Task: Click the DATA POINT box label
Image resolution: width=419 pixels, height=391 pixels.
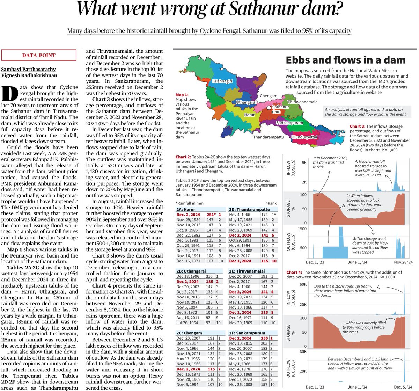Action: (39, 55)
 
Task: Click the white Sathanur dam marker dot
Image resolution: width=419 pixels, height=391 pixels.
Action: (268, 108)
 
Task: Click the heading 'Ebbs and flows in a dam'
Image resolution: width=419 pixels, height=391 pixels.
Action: (346, 60)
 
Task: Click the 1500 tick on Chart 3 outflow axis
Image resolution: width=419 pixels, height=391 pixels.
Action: (302, 229)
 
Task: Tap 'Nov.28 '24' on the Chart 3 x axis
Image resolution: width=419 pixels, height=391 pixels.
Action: (403, 262)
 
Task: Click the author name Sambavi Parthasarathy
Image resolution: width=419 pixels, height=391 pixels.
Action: (28, 69)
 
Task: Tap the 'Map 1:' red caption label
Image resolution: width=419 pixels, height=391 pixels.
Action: (182, 95)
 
